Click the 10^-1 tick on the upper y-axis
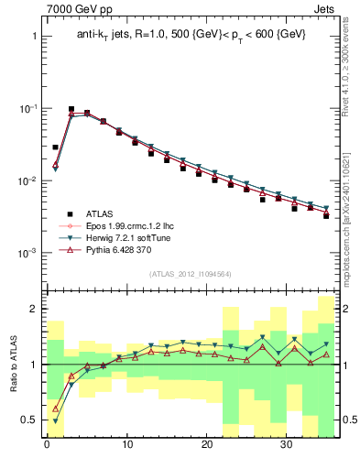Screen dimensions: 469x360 pos(27,109)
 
